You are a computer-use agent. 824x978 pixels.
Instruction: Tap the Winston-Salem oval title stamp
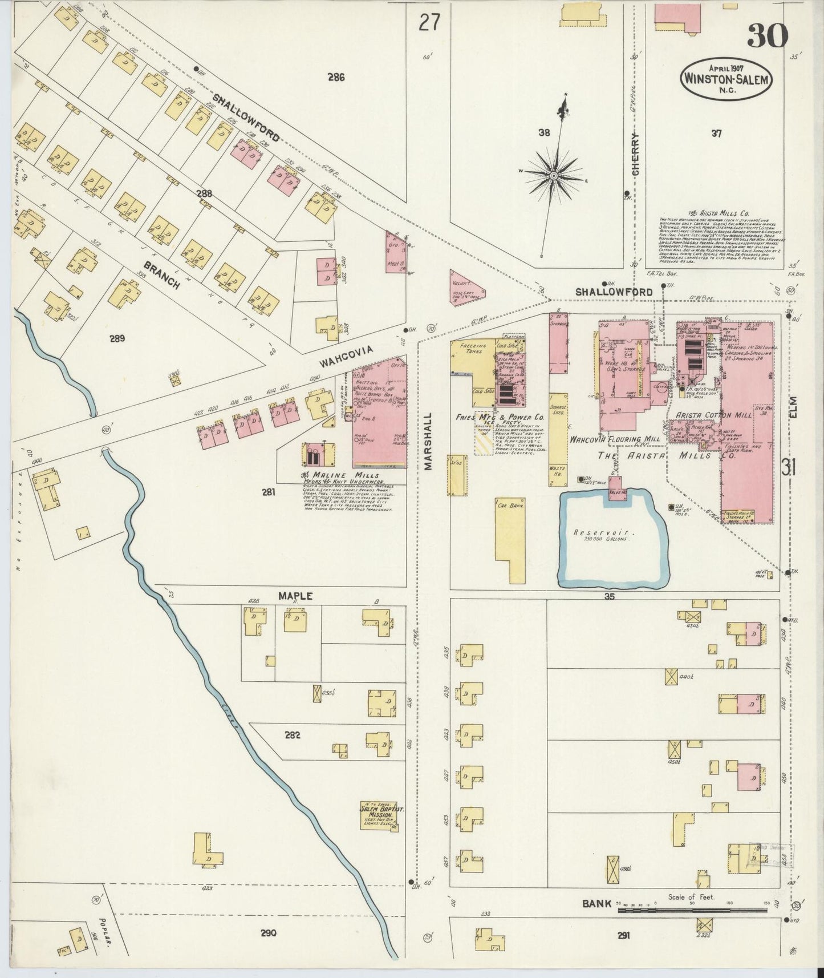tap(726, 79)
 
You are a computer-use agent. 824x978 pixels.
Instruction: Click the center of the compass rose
tap(553, 176)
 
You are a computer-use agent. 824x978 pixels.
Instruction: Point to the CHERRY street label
tap(635, 153)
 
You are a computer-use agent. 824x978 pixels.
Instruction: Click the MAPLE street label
tap(295, 596)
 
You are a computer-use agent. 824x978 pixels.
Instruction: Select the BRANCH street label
tap(162, 276)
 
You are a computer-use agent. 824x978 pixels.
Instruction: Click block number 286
tap(336, 77)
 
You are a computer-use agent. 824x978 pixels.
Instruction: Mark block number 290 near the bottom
tap(268, 933)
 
